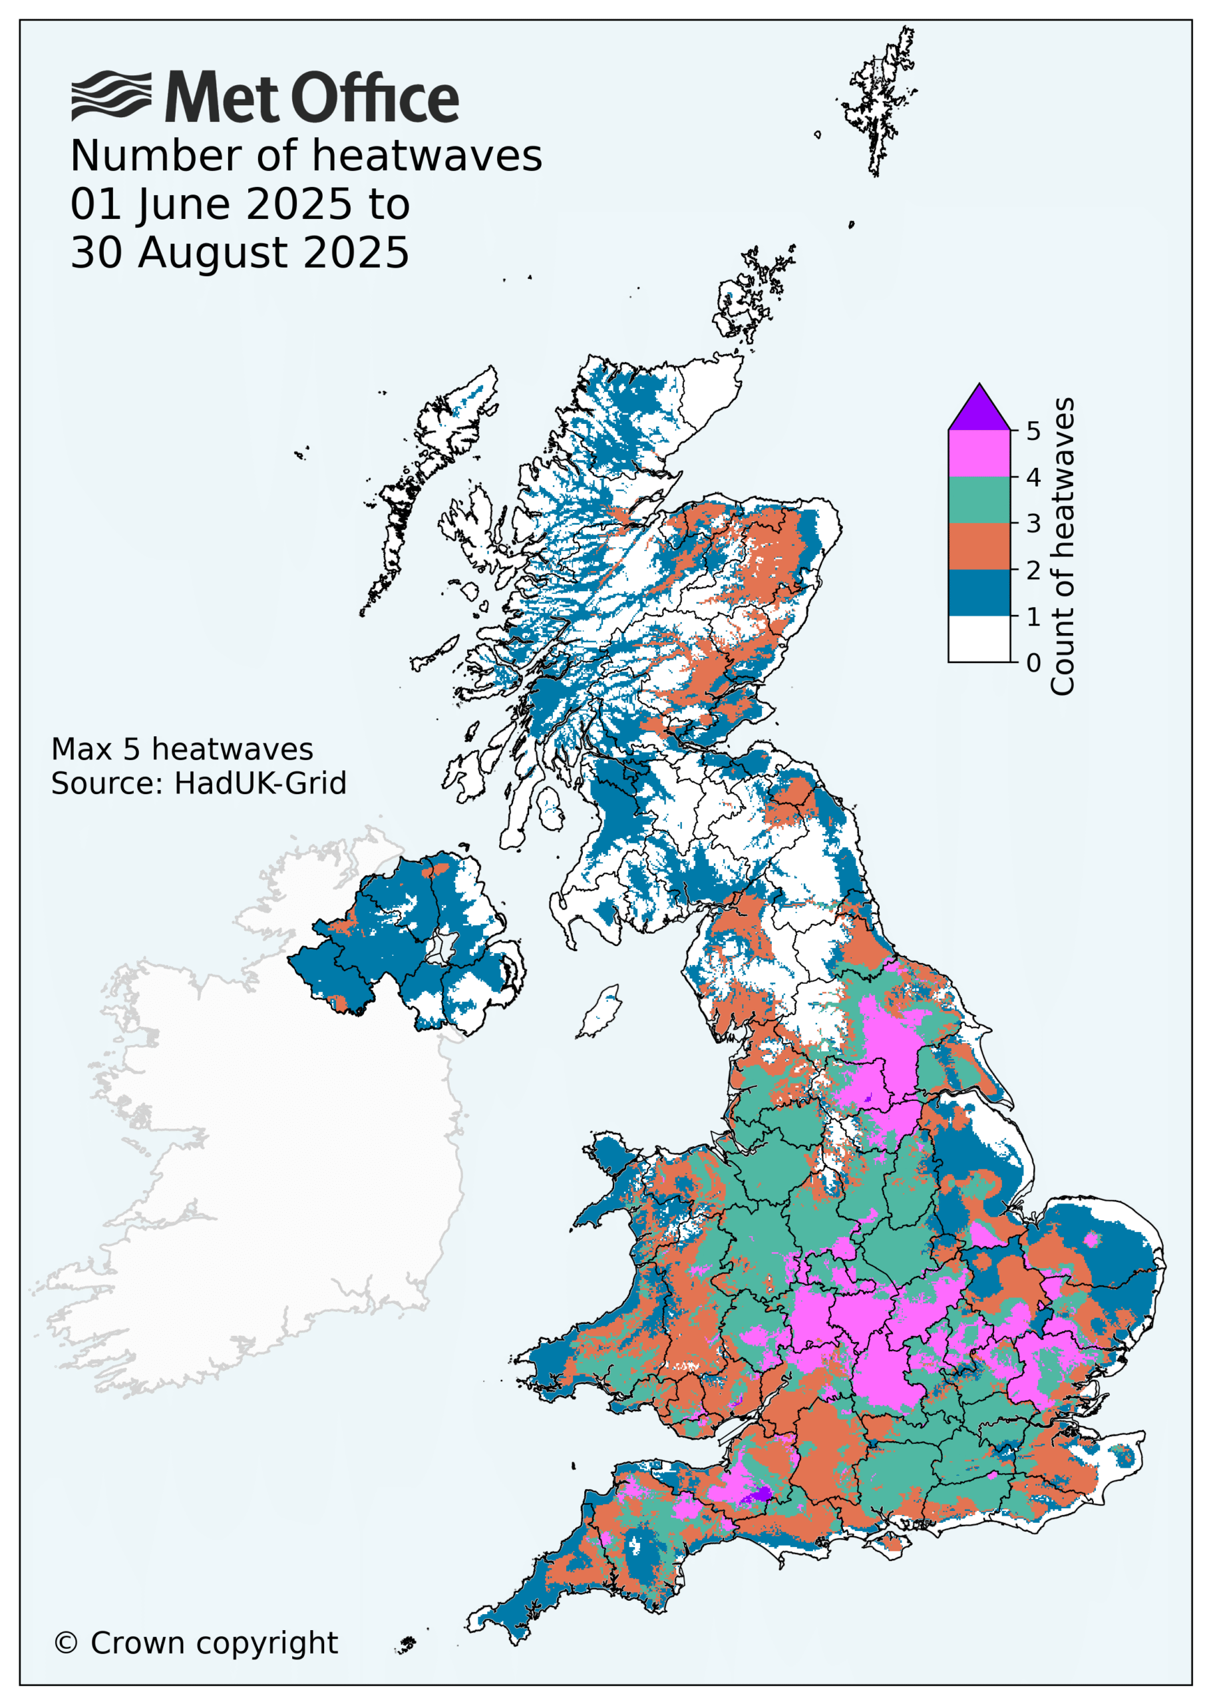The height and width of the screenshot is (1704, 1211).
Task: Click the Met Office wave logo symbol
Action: [111, 97]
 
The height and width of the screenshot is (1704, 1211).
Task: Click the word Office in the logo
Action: [375, 98]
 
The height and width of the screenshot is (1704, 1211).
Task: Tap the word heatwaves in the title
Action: [427, 156]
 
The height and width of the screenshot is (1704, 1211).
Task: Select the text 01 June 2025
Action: [210, 204]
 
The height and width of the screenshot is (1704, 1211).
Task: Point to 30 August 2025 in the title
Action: [240, 253]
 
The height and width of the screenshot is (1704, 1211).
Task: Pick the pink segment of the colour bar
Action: [979, 453]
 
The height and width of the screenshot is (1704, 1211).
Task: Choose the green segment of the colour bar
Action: [979, 500]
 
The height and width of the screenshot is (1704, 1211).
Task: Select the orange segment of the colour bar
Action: [979, 546]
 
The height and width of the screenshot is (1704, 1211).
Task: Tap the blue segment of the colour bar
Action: [979, 592]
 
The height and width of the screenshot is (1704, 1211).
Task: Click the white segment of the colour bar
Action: [979, 638]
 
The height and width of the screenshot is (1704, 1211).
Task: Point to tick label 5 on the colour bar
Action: [1033, 431]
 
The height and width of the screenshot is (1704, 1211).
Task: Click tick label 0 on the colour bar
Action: [1033, 662]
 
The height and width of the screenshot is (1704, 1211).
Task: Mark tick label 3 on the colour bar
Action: [1033, 523]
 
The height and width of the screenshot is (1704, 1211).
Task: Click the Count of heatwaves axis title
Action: [1062, 546]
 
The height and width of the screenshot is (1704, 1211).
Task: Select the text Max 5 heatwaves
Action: [182, 749]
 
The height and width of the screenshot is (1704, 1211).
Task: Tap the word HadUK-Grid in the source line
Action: [260, 783]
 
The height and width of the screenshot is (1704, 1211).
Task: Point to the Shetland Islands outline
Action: [880, 101]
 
